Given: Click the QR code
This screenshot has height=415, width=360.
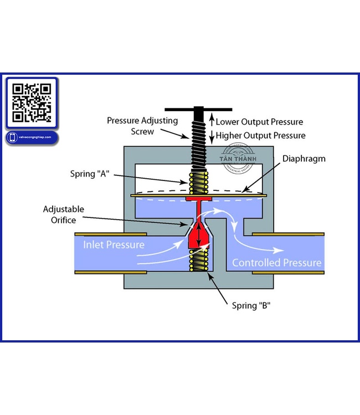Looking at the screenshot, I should point(32,102).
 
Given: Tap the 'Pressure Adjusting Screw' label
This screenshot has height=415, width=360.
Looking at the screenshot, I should point(142,126).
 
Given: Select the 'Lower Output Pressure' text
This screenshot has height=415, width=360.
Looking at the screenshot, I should point(259,122).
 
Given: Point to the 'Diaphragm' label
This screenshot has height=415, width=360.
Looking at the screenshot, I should point(304,159).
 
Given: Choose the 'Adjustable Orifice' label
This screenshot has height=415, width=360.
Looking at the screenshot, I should point(64,215).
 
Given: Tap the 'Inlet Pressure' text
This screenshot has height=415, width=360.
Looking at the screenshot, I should point(115,245).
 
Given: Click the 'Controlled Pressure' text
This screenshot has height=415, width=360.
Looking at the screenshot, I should point(276,262).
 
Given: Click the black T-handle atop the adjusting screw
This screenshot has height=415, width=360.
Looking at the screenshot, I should point(198,110).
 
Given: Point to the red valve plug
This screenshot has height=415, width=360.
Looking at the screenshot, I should point(198,235).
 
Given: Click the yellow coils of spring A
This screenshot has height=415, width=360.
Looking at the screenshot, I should point(198,183).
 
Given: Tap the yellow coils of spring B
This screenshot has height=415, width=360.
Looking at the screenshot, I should point(198,259).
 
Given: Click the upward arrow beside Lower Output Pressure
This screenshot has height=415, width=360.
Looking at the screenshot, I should point(210,121).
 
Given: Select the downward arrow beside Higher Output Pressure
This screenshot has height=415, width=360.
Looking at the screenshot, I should point(210,136).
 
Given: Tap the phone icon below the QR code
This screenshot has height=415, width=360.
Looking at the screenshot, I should point(12,137).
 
